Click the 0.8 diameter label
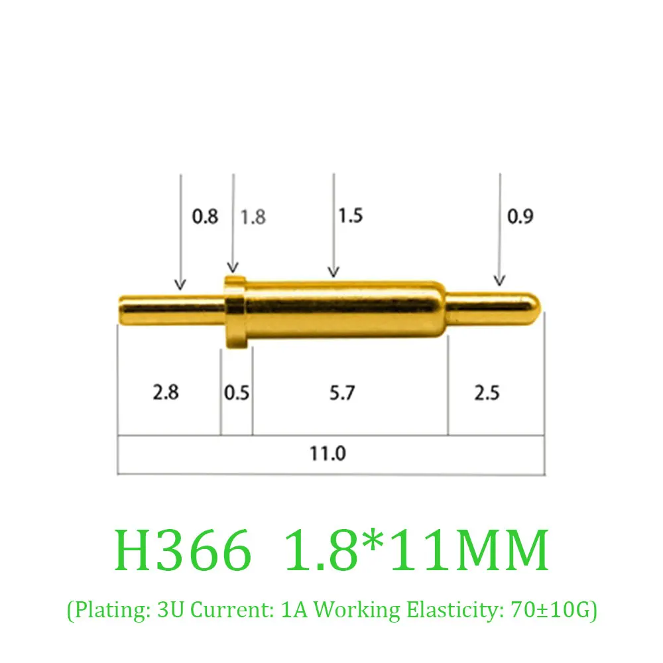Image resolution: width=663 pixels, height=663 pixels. (x=205, y=216)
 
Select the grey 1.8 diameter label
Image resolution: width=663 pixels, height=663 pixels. (x=253, y=217)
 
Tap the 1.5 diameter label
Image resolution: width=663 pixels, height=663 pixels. (x=351, y=215)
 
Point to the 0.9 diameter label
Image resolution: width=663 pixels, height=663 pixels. (x=520, y=216)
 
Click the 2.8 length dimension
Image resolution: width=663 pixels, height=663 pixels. (x=166, y=392)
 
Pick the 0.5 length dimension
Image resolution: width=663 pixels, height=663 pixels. (x=237, y=393)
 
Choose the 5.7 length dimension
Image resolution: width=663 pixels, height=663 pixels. (x=342, y=393)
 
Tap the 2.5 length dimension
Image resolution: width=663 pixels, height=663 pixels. (x=487, y=392)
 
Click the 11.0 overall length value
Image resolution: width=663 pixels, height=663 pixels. (x=328, y=454)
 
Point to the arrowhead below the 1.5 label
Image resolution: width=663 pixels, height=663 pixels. (x=333, y=271)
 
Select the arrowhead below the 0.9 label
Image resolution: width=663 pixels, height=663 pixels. (x=500, y=280)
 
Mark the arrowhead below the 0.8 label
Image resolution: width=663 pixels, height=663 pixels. (x=180, y=284)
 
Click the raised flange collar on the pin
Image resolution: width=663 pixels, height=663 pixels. (x=235, y=312)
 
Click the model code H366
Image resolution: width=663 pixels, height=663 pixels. (x=184, y=550)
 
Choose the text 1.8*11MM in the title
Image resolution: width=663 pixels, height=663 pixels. (x=415, y=550)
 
